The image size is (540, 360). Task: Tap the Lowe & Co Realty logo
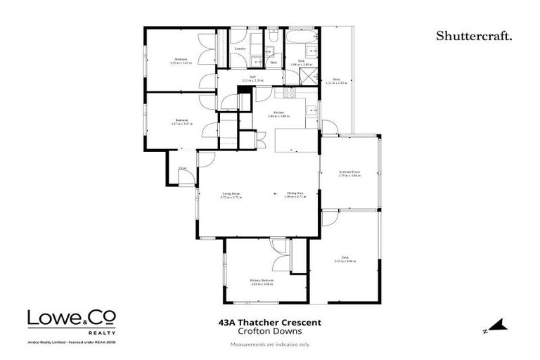[x=71, y=320]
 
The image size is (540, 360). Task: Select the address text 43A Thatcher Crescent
[x=270, y=322]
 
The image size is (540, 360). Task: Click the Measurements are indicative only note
[x=270, y=345]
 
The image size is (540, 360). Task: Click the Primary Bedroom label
[x=262, y=281]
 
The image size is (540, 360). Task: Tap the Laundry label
[x=249, y=48]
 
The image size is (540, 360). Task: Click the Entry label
[x=182, y=169]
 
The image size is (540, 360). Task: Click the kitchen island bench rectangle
[x=292, y=142]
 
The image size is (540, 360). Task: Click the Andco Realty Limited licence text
[x=71, y=341]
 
